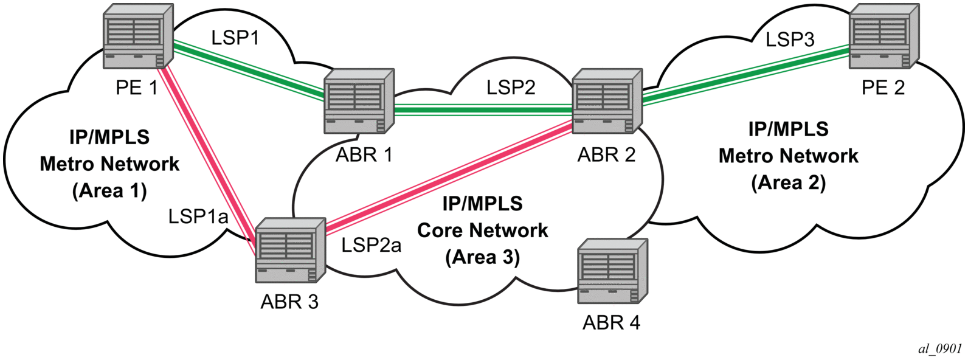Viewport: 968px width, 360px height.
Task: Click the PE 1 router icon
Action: pos(138,36)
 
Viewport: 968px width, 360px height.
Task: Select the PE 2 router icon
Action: pos(884,36)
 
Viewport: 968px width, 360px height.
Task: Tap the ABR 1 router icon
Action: pos(359,101)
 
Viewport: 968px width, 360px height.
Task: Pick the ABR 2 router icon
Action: pos(607,101)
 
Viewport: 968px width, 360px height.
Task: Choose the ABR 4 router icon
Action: pos(614,271)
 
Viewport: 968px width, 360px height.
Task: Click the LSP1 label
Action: pos(235,38)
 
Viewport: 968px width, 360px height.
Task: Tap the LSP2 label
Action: pos(511,88)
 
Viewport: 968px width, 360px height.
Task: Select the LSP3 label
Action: pos(790,40)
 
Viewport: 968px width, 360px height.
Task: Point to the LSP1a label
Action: pos(198,216)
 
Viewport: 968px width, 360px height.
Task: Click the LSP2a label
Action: pos(372,245)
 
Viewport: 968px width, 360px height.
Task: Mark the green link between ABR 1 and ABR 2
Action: pos(483,110)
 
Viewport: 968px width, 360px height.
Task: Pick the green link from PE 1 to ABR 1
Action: pos(249,69)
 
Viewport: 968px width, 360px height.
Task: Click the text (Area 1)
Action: pos(110,190)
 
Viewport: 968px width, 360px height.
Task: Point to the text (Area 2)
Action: pos(789,183)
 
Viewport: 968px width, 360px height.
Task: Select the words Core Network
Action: pos(483,230)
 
